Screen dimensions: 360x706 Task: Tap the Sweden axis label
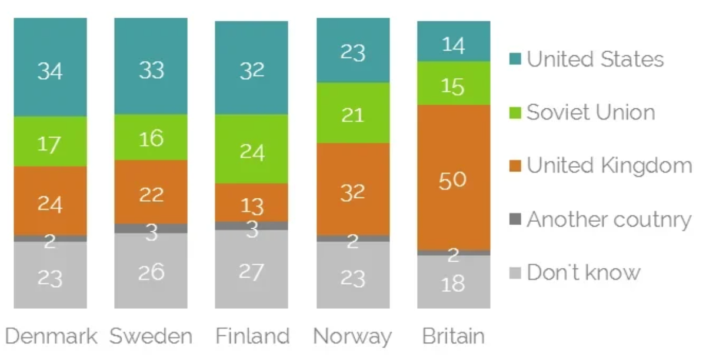151,336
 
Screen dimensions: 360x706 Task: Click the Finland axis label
252,336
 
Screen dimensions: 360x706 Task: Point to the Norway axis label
352,337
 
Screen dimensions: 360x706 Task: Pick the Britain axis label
454,336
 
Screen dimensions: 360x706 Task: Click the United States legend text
595,59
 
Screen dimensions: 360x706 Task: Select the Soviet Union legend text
590,112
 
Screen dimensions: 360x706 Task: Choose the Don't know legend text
583,272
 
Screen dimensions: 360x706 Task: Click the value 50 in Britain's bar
452,180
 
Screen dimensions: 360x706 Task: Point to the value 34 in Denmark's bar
50,71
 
